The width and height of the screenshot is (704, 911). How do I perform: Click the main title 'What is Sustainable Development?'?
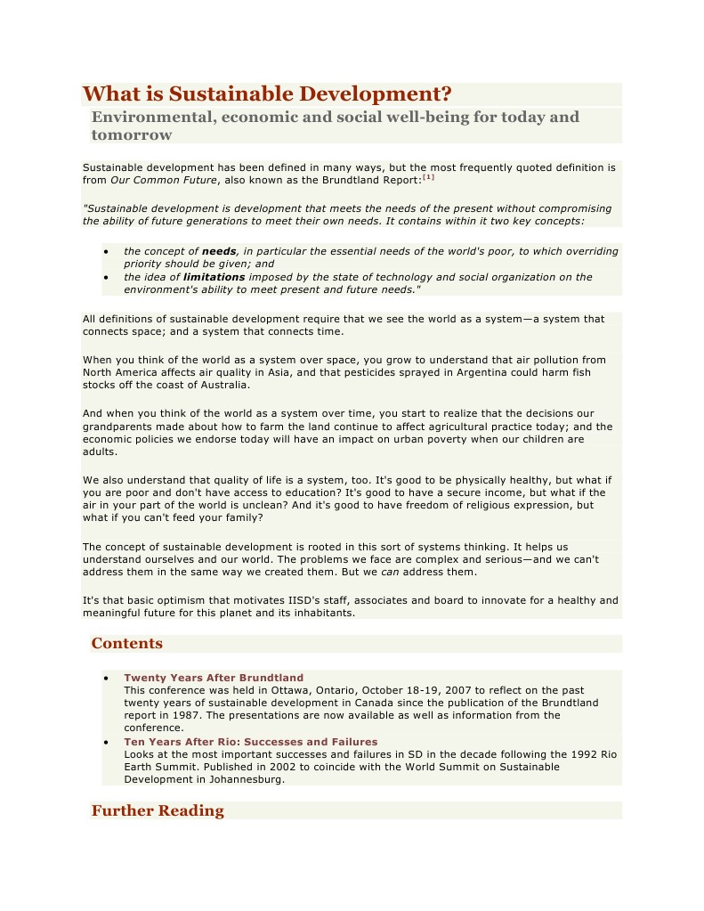(267, 94)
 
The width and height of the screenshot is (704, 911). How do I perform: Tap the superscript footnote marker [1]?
(428, 177)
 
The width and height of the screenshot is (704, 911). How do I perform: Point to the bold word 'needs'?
(219, 251)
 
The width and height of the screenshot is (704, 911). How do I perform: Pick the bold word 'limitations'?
(214, 277)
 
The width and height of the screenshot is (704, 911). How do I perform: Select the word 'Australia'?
(223, 386)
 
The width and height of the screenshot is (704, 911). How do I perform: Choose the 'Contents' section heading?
(126, 643)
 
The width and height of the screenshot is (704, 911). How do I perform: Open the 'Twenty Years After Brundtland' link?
(214, 678)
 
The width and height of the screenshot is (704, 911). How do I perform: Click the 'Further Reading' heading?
(158, 810)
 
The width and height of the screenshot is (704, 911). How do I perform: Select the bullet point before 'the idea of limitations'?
(106, 277)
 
